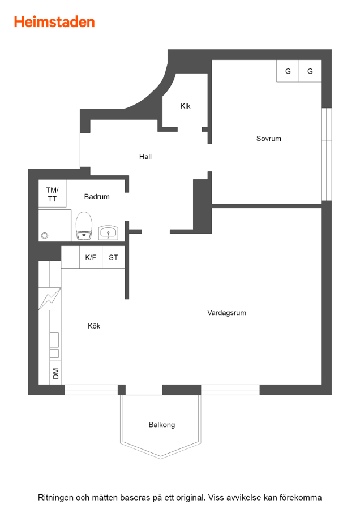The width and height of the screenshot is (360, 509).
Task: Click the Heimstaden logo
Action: [54, 22]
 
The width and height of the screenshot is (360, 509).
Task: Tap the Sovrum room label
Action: [269, 139]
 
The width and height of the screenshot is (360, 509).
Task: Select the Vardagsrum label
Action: [227, 313]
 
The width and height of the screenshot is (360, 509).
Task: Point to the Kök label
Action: [94, 326]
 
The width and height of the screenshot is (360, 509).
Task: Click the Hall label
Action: [145, 157]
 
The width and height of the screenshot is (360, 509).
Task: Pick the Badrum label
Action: [97, 197]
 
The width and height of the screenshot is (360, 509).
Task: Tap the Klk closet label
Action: [186, 106]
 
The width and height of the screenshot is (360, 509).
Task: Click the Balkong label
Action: [162, 425]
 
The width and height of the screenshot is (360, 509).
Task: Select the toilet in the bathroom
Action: [84, 226]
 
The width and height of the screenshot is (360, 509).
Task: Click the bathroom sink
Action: [108, 233]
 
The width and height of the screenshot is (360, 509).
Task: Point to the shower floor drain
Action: [45, 236]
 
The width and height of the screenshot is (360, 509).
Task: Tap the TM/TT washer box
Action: [52, 193]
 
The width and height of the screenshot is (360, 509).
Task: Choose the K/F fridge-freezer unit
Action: [91, 257]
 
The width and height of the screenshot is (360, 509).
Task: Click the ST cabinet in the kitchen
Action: [114, 257]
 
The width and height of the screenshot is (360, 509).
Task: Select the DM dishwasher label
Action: [56, 373]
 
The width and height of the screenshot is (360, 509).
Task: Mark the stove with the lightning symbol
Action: [50, 299]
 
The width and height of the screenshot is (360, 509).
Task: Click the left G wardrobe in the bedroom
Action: [288, 71]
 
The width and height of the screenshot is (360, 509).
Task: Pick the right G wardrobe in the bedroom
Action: [310, 71]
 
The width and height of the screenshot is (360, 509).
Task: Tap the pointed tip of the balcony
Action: [161, 458]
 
